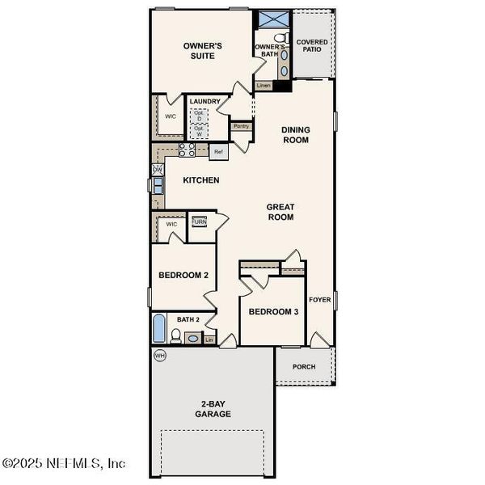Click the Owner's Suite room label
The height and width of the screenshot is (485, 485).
(x=202, y=51)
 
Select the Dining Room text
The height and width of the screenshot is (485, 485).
(x=295, y=134)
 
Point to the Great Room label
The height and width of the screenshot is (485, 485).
(x=280, y=212)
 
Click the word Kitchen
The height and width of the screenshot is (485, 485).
(x=200, y=180)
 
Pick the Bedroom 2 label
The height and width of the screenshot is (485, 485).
(x=183, y=276)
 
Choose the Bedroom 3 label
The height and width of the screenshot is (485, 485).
(x=273, y=312)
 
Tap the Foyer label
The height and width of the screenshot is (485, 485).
(x=320, y=300)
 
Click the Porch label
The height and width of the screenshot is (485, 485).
(x=304, y=367)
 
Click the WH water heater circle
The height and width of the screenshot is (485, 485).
(x=159, y=355)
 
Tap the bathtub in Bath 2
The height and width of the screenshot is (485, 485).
(x=159, y=330)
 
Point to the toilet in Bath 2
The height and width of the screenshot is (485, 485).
(x=176, y=335)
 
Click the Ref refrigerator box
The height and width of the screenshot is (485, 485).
(x=218, y=151)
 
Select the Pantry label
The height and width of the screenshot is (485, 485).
(x=241, y=126)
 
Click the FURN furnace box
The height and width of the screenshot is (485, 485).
(x=199, y=221)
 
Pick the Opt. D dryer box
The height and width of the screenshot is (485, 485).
(x=199, y=116)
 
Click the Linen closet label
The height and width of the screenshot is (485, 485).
(x=263, y=85)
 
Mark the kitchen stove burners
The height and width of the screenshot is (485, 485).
(x=187, y=150)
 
